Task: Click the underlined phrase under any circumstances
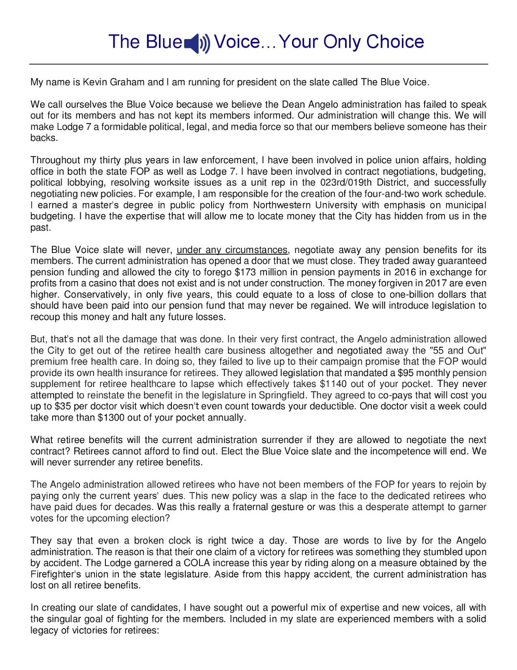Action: click(232, 250)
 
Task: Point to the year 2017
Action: click(436, 283)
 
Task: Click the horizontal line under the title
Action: click(258, 64)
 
